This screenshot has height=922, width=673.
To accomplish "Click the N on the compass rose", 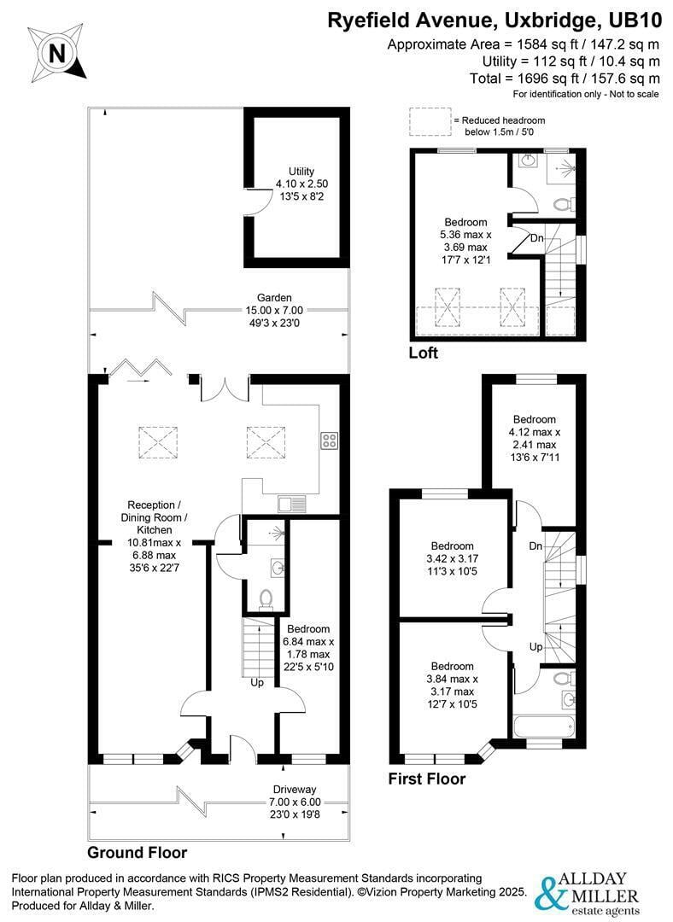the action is pos(57,54).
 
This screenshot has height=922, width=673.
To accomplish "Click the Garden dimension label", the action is pos(274,311).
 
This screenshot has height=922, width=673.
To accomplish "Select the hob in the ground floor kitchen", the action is pos(329,441).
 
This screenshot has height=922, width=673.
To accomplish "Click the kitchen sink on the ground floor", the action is pos(292,504).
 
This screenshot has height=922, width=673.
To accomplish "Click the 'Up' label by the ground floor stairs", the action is pos(257,683).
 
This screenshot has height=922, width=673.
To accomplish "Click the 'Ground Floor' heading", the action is pos(137,853).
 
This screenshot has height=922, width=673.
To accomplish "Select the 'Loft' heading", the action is pos(424,353).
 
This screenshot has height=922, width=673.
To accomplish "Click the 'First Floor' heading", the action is pos(427,779).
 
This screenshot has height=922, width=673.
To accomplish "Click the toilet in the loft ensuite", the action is pos(563,205).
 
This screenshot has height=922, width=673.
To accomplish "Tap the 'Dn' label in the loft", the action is pos(537,238).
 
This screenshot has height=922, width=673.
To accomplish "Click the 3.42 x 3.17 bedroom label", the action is pos(452,558).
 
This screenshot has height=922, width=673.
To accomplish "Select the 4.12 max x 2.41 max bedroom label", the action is pos(534,438).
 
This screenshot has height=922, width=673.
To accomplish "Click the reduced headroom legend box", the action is pos(430,122).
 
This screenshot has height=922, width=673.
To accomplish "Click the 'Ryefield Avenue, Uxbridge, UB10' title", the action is pos(495,20).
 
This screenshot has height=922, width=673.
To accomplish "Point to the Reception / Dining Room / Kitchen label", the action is pos(154,536).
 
